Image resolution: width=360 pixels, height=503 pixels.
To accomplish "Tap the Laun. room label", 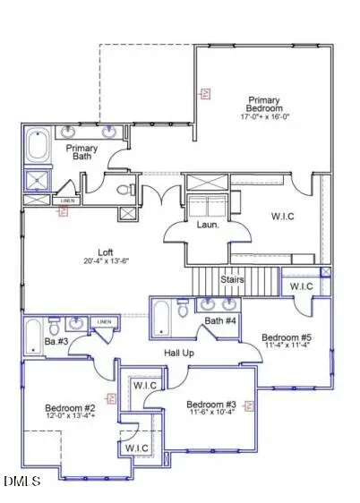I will click(209, 225).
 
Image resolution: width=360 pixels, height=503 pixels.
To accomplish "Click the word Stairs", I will click(234, 280).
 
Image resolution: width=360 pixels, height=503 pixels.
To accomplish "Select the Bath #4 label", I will click(219, 320).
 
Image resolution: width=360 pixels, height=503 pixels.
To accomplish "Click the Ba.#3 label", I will click(56, 340).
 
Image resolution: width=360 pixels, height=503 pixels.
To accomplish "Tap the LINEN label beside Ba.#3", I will click(104, 321).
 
